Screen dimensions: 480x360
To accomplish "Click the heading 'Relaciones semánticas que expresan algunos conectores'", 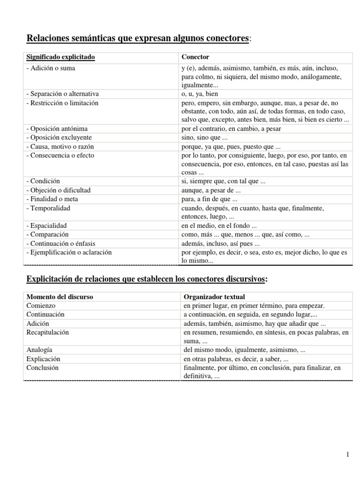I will click(138, 37).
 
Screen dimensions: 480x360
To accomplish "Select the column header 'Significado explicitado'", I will click(60, 57).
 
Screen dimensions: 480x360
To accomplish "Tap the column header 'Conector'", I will click(195, 57).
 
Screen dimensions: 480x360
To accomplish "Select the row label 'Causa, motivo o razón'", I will click(60, 146).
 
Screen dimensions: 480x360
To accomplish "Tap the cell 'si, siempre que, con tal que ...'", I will click(224, 181).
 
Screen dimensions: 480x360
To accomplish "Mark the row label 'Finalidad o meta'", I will click(53, 199).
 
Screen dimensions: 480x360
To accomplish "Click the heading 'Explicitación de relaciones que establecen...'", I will click(147, 279).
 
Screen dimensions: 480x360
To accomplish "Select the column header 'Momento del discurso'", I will click(60, 297).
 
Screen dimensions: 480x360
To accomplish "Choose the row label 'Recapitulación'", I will click(47, 332).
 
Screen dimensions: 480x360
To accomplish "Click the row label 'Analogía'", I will click(39, 350).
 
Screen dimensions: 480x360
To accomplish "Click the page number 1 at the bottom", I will click(347, 454).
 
